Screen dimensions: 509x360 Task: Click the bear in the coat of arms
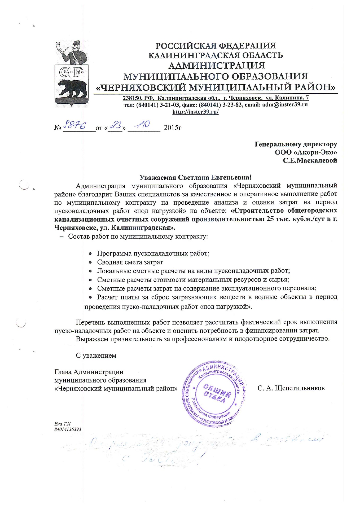(x=72, y=88)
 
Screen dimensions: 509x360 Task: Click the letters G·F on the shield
(x=71, y=72)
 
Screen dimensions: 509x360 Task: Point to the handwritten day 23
(x=115, y=125)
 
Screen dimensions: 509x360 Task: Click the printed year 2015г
(x=173, y=128)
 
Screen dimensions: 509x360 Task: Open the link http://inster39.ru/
(x=195, y=112)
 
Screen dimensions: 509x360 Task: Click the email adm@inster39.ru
(x=285, y=104)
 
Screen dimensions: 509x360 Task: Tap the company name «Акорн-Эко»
(x=306, y=152)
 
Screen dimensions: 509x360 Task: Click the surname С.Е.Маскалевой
(x=310, y=160)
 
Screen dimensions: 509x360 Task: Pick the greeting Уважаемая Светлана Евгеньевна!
(x=195, y=177)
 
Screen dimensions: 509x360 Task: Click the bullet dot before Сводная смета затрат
(x=90, y=262)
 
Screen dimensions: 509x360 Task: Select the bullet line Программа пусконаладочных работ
(x=153, y=253)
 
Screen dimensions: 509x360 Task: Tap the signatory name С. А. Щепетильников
(x=291, y=388)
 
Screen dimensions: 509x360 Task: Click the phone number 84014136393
(x=68, y=429)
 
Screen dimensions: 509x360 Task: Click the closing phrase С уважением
(x=96, y=356)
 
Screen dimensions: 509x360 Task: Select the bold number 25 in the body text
(x=266, y=219)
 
